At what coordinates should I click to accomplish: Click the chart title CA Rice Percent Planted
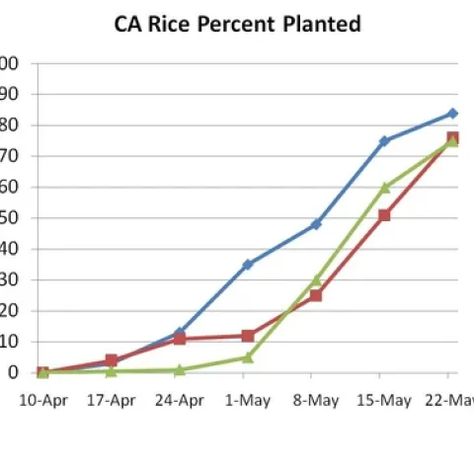[x=237, y=24]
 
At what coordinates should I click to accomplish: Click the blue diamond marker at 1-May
[x=248, y=265]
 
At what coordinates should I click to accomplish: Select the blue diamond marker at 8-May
[x=316, y=224]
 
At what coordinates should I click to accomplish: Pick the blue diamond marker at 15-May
[x=384, y=141]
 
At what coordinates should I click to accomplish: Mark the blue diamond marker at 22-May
[x=452, y=114]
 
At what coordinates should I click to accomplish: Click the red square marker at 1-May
[x=248, y=336]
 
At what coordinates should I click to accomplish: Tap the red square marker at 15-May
[x=384, y=215]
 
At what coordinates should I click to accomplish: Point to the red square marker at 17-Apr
[x=112, y=361]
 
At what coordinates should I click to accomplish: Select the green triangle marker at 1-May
[x=248, y=357]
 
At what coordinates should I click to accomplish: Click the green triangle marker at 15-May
[x=384, y=187]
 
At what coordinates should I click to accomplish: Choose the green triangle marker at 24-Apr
[x=180, y=369]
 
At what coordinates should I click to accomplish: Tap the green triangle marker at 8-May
[x=316, y=280]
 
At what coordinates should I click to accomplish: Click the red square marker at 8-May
[x=316, y=295]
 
